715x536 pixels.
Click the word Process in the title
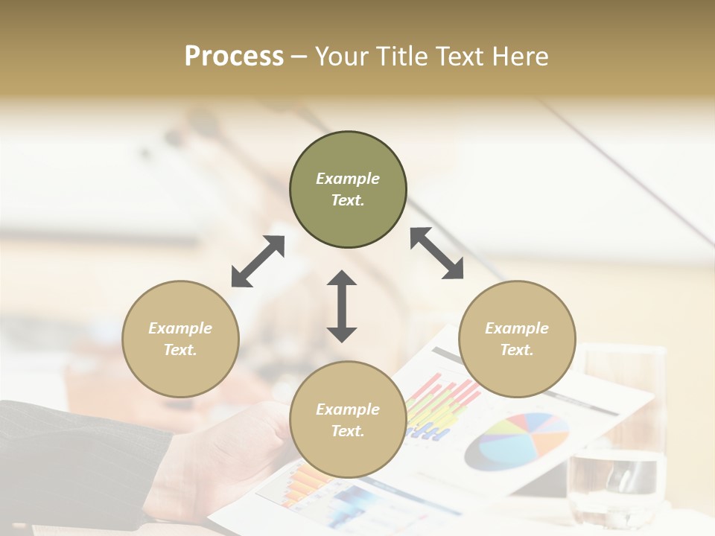click(234, 57)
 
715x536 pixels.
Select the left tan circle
click(180, 365)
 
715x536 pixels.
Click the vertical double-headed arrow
click(342, 306)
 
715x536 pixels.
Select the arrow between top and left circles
click(258, 261)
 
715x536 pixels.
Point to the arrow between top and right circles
click(436, 253)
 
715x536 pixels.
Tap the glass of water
click(616, 439)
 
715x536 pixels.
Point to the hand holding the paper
click(223, 454)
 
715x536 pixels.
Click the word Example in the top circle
click(348, 179)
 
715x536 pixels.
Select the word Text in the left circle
click(180, 350)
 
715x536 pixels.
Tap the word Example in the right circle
click(517, 328)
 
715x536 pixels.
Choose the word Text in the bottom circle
click(348, 431)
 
